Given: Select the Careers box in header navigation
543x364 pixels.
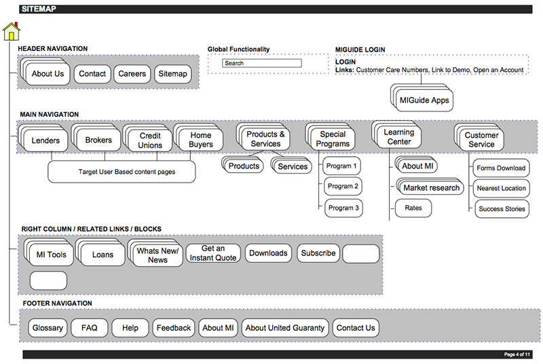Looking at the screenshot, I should tap(132, 74).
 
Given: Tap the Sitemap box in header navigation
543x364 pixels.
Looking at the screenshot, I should tap(173, 74).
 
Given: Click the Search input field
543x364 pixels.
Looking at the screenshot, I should tap(261, 63).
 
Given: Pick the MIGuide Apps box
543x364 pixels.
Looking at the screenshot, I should tap(424, 101).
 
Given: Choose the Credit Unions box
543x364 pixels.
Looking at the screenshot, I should tap(150, 141).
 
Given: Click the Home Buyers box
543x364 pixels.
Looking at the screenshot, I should tap(201, 141).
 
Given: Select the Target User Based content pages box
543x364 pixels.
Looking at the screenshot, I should tap(121, 172).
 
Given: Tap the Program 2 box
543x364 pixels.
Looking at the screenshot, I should tap(342, 187).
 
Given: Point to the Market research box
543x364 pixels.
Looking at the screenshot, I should tap(432, 187).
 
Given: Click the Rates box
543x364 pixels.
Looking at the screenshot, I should tap(413, 208).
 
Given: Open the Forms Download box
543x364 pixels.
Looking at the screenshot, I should tap(501, 168).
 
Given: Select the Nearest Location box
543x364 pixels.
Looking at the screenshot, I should tap(501, 188).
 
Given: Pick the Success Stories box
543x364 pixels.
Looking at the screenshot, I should tap(501, 208).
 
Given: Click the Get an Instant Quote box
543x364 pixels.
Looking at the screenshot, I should tap(212, 253).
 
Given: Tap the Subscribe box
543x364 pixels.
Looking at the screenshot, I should tap(318, 253).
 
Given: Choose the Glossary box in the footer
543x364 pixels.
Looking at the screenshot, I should tap(48, 328).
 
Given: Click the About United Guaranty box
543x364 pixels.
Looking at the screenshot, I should tap(285, 328).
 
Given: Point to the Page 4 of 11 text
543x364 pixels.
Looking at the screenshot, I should tap(518, 354).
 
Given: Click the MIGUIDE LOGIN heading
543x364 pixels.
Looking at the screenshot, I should tap(360, 50).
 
